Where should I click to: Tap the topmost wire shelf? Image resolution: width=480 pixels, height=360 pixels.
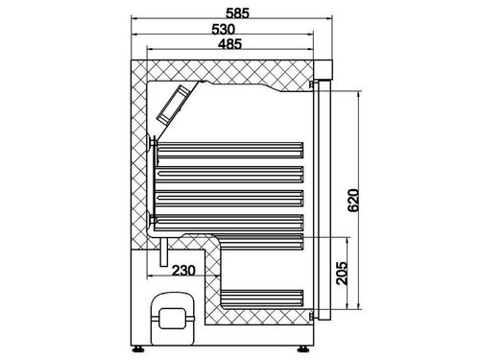[230, 151]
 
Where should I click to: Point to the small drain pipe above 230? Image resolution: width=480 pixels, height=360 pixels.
[164, 252]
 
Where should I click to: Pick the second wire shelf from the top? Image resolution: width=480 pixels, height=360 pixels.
[230, 174]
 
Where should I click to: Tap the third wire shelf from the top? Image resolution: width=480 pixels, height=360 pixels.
[230, 196]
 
